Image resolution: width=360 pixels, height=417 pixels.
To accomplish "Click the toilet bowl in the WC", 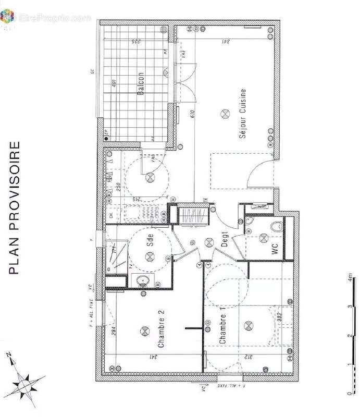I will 278,226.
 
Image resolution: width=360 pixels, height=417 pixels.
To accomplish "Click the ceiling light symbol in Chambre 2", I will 143,329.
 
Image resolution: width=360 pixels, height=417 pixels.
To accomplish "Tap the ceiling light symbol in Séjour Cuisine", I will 225,113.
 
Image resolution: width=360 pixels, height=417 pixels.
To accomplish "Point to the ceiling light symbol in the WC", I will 261,238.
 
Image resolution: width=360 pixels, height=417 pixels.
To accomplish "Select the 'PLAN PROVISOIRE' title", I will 16,207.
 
